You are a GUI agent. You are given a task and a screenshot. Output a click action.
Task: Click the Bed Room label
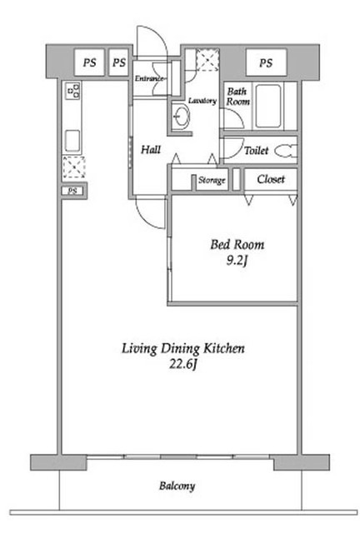(237, 244)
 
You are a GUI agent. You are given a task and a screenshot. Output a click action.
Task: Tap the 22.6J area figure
(183, 365)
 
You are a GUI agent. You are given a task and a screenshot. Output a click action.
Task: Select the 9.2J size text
(237, 261)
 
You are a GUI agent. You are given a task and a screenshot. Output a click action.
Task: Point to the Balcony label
(177, 486)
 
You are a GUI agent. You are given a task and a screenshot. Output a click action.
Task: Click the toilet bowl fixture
(286, 151)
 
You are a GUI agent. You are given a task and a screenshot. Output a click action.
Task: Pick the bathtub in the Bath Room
(268, 106)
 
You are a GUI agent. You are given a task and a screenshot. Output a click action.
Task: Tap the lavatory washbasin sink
(181, 116)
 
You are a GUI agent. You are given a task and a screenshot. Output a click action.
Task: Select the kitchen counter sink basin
(72, 141)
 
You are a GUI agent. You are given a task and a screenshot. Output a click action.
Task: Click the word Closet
(271, 179)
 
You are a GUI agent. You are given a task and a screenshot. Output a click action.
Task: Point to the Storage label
(212, 180)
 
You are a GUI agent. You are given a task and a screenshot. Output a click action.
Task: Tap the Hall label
(151, 149)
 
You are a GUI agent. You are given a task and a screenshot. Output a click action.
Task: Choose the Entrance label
(149, 78)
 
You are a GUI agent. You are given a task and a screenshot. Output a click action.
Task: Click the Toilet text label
(256, 150)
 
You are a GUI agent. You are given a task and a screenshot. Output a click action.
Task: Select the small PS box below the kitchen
(72, 191)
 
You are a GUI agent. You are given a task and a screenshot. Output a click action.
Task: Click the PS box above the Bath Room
(266, 63)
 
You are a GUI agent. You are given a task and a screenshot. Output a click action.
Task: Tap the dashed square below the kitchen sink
(74, 167)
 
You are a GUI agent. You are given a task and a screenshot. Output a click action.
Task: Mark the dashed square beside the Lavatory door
(207, 60)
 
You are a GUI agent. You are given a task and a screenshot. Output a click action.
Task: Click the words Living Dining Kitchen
(183, 349)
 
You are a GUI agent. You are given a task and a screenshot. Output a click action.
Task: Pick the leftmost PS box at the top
(89, 63)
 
